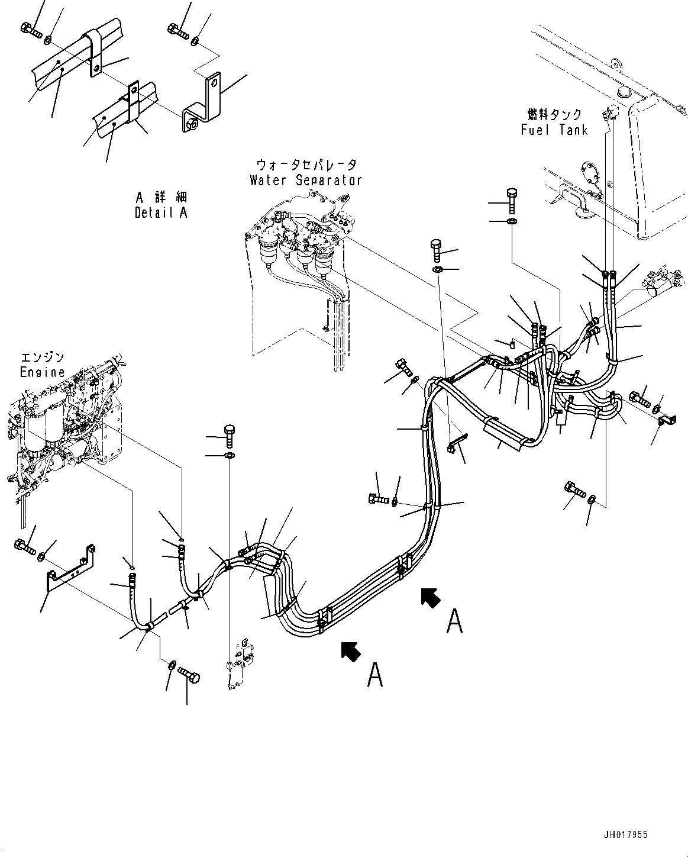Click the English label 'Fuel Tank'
[554, 130]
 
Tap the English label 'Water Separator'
[305, 180]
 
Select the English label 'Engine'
[42, 372]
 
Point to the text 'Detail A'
[161, 212]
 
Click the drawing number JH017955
[626, 835]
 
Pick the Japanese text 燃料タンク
[554, 114]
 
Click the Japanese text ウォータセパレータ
[306, 165]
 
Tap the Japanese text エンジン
[42, 357]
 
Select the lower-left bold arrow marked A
[351, 651]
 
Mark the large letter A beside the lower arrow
[375, 675]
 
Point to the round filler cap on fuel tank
[624, 91]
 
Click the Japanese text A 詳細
[160, 197]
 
